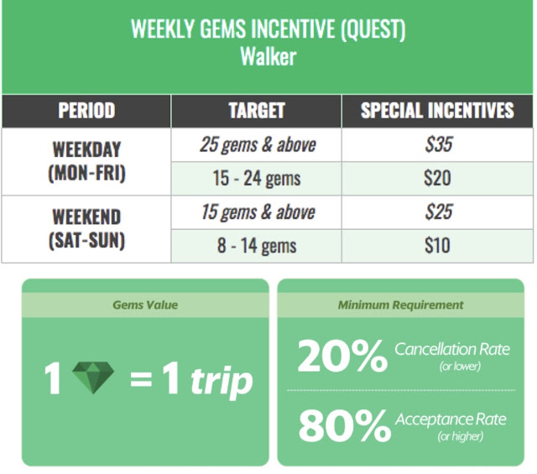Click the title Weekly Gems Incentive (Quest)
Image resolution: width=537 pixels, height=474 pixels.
click(268, 29)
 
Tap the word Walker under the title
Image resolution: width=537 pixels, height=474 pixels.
click(268, 56)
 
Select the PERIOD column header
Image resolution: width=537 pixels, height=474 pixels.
click(86, 110)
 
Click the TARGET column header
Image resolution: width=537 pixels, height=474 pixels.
click(257, 110)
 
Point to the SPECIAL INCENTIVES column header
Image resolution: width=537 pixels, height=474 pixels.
click(437, 110)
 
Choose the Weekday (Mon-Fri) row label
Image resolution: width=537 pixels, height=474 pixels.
click(86, 161)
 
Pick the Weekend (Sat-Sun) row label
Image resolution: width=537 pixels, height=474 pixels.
click(86, 228)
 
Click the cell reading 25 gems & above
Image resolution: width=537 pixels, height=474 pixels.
click(258, 144)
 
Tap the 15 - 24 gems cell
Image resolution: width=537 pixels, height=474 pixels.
click(257, 179)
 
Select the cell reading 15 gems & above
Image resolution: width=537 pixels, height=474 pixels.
click(258, 212)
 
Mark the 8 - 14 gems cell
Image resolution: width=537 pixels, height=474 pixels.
click(257, 246)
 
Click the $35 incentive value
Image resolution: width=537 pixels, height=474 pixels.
click(439, 144)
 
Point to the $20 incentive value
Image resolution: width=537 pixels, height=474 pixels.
click(437, 178)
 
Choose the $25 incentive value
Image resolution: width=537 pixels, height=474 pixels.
click(439, 211)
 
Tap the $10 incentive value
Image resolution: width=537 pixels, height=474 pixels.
click(437, 245)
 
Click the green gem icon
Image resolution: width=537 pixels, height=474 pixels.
click(93, 378)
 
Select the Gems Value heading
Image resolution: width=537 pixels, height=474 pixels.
click(145, 305)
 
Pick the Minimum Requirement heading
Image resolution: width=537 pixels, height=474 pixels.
click(401, 305)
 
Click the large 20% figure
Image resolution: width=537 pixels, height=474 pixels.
click(343, 357)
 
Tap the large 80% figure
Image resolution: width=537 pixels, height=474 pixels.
click(344, 426)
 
